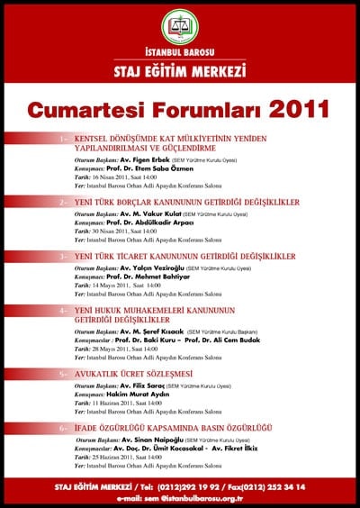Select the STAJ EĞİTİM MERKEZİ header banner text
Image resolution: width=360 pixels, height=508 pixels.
(x=180, y=70)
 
